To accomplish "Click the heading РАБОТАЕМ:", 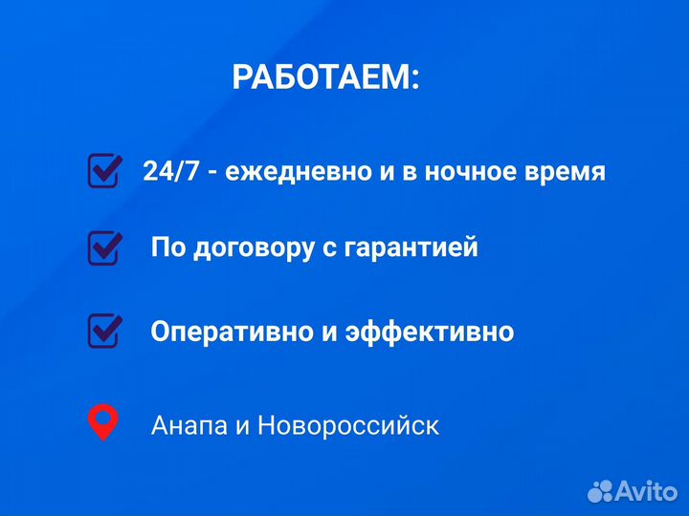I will coord(325,77).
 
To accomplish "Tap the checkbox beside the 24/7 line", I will coord(104,170).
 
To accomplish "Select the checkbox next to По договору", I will coord(104,247).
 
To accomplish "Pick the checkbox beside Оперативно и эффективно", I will coord(104,331).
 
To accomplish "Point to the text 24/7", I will coord(169,172).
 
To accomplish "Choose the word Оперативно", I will coord(226,333).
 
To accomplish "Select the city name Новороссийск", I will coord(348,425).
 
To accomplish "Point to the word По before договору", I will coord(167,248).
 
